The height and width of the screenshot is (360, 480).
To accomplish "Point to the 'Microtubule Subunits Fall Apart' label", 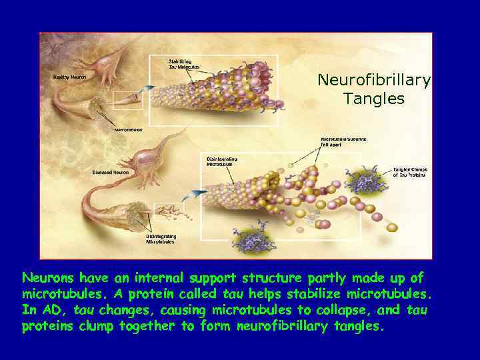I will click(x=344, y=141).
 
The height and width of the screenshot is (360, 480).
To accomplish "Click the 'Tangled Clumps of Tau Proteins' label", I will click(x=411, y=172).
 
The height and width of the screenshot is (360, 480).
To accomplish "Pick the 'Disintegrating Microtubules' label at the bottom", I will click(x=160, y=239).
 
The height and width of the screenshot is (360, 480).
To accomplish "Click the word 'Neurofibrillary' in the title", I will click(x=374, y=80).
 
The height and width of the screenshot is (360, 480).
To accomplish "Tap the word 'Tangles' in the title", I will click(x=374, y=99).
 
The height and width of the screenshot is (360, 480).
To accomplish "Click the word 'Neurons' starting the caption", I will click(x=47, y=277).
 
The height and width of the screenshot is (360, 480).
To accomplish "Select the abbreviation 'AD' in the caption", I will click(x=52, y=310).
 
